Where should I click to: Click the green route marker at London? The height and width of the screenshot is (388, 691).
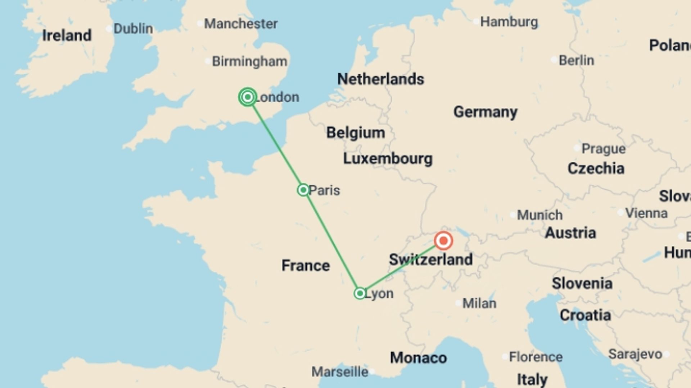(x=248, y=97)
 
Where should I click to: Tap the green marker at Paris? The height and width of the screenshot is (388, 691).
(x=303, y=190)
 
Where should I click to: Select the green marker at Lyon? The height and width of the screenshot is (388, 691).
(x=360, y=294)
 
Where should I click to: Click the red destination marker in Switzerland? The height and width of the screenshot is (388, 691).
(x=443, y=241)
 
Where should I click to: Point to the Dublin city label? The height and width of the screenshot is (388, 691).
(x=133, y=29)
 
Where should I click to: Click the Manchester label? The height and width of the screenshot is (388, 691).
(x=241, y=24)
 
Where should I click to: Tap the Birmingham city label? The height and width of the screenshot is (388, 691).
(x=249, y=61)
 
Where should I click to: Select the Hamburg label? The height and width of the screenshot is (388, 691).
(x=509, y=22)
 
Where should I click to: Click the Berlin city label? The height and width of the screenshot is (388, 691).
(x=576, y=60)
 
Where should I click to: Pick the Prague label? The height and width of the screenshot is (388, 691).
(x=604, y=148)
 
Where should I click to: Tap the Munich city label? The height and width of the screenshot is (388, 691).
(x=539, y=215)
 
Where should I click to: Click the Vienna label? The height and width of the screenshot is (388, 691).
(x=646, y=213)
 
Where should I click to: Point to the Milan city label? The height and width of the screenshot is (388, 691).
(x=479, y=303)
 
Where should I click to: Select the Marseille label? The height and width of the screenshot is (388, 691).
(x=340, y=372)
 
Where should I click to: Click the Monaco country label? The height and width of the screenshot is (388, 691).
(x=418, y=358)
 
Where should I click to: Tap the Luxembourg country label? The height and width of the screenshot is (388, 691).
(x=388, y=158)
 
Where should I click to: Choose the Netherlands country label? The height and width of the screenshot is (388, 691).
(x=380, y=79)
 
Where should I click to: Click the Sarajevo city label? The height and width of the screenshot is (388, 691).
(x=635, y=354)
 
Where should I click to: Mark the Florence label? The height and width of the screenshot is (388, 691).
(x=536, y=357)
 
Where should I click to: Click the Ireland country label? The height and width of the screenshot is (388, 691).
(x=67, y=36)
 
